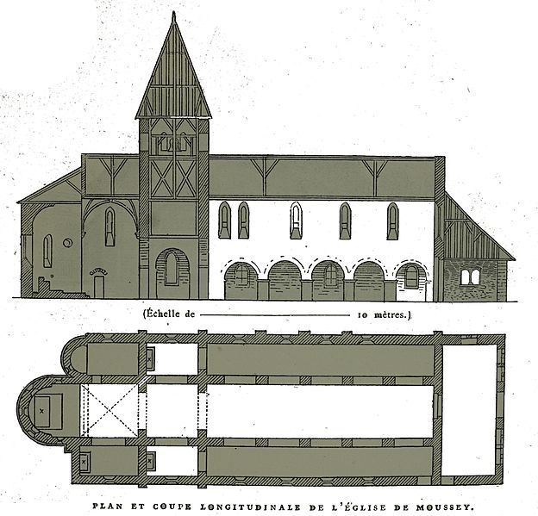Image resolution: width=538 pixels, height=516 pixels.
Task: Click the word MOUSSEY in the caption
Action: click(x=445, y=507)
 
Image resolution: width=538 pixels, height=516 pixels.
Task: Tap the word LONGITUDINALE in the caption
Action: click(x=250, y=507)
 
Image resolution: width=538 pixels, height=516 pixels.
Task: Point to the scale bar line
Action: click(x=275, y=314)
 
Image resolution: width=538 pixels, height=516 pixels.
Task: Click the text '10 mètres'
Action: click(x=382, y=314)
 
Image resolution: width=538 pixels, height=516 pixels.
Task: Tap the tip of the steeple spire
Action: click(x=174, y=12)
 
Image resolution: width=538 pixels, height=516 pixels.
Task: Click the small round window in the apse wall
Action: click(x=68, y=243)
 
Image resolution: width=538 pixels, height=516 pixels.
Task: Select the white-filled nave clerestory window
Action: click(x=296, y=221)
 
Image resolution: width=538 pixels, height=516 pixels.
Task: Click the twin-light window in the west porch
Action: click(x=470, y=277)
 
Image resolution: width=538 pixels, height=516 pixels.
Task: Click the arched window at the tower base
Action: click(x=172, y=269)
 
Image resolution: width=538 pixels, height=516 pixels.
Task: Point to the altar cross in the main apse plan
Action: click(x=42, y=411)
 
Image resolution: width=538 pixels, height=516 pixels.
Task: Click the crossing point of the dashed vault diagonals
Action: click(x=109, y=411)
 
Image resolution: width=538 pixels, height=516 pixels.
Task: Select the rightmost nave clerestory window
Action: click(x=393, y=221)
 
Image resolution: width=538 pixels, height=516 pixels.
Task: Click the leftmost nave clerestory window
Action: click(x=224, y=220)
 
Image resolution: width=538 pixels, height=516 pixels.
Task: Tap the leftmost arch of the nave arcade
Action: click(x=241, y=279)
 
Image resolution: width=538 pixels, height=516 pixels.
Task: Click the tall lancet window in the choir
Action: click(x=109, y=227)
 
